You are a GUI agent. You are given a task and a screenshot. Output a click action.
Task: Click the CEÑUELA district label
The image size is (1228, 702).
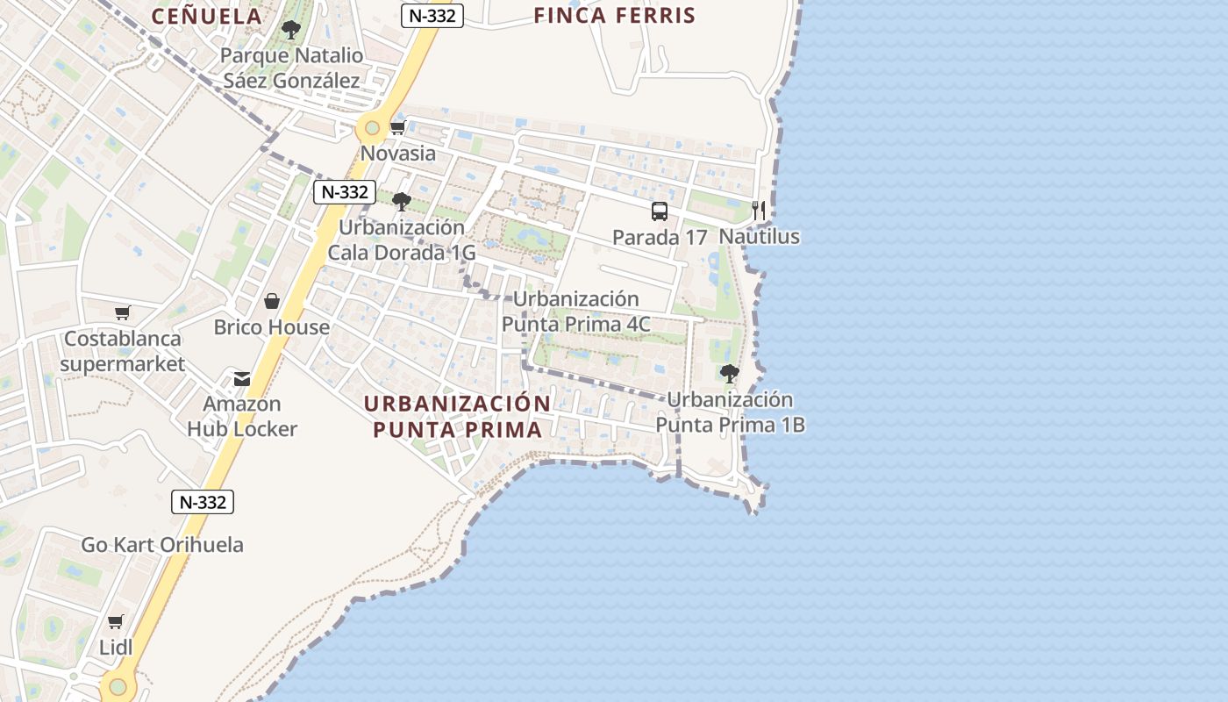[207, 16]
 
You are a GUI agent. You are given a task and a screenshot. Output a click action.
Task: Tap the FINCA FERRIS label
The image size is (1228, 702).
[614, 16]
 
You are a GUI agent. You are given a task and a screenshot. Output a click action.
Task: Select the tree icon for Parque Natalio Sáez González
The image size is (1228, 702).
[290, 31]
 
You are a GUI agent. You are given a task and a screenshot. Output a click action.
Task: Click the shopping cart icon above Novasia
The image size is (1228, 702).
[397, 128]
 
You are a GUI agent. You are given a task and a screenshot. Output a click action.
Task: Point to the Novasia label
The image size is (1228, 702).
[398, 154]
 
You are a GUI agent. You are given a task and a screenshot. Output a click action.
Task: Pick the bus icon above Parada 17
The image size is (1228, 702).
[660, 211]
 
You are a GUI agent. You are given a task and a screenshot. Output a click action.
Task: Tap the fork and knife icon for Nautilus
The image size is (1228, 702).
[759, 211]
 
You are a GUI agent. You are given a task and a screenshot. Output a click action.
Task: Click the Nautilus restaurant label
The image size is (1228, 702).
[760, 237]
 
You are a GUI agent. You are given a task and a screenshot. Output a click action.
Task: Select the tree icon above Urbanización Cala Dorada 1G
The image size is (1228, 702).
[402, 202]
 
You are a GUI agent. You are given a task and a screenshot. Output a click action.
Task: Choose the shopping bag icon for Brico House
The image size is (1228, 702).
[272, 302]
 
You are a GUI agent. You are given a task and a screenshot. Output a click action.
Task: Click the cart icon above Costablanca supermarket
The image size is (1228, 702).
[123, 312]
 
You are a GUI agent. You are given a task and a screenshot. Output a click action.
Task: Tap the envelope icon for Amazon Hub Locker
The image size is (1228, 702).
[241, 379]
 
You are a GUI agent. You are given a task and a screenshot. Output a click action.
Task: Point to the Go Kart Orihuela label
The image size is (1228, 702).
[162, 545]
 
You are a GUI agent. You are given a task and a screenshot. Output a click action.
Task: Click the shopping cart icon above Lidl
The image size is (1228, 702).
[115, 622]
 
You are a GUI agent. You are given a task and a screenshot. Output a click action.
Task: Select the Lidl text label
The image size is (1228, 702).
[116, 648]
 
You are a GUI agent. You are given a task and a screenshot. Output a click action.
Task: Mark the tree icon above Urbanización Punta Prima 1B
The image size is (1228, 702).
[729, 374]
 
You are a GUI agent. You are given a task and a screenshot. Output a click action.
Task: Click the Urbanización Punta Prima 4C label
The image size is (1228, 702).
[575, 312]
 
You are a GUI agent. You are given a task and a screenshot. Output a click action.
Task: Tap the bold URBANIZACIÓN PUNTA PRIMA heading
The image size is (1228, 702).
[457, 417]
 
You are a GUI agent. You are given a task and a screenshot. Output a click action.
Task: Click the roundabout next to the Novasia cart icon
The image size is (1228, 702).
[373, 129]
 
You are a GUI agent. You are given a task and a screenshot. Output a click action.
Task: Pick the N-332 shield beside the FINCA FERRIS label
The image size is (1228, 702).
[432, 15]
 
